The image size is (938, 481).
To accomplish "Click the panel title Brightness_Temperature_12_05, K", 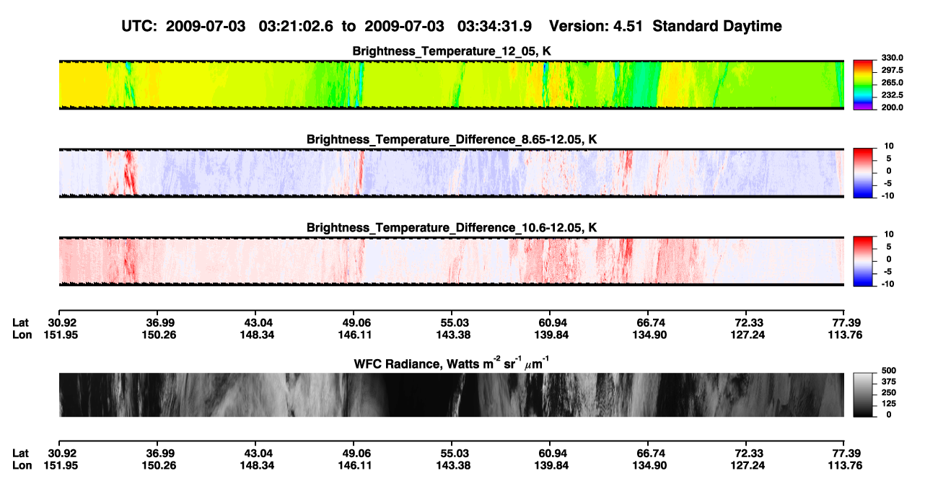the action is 452,51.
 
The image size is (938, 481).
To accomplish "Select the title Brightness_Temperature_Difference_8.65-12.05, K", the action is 452,139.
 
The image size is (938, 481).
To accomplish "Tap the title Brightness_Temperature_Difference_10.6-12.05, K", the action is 452,228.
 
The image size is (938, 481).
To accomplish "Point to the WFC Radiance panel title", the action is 452,363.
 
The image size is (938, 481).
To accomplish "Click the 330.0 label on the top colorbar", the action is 892,58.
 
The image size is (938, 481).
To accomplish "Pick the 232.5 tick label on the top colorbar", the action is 892,95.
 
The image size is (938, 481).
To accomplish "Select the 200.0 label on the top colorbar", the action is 892,107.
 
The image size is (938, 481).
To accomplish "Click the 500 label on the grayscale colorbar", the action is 889,371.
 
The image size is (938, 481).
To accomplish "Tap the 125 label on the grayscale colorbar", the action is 889,404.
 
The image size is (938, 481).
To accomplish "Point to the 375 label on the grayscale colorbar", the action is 889,381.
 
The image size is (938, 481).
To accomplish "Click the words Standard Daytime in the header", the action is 717,27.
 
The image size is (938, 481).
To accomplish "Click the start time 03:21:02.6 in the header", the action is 296,27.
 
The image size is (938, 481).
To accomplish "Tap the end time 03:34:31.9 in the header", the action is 494,27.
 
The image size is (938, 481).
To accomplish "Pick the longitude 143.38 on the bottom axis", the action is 453,466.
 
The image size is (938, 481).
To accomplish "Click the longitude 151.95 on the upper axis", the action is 61,335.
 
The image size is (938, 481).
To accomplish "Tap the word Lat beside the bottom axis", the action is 20,454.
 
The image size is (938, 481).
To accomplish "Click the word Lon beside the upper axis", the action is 22,335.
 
